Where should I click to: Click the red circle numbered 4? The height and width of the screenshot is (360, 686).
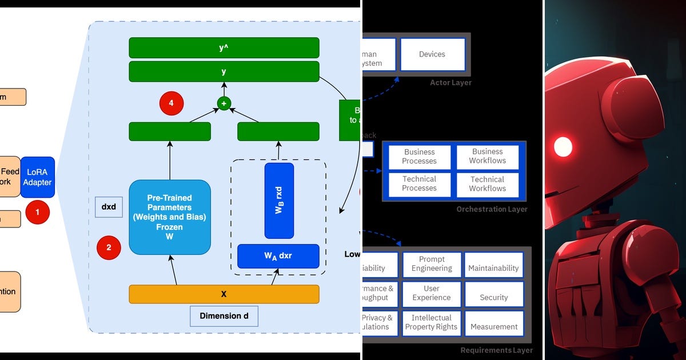point(171,103)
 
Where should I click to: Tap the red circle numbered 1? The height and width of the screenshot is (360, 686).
point(38,212)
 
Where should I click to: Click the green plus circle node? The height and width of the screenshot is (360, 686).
point(224,103)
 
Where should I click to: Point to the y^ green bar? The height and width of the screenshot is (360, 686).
point(224,48)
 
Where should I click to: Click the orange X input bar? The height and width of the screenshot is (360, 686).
point(224,294)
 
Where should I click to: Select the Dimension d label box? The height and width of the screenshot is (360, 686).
point(224,316)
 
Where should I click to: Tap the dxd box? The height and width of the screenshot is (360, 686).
point(109,207)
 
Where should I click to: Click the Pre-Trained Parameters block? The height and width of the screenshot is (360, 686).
point(170,217)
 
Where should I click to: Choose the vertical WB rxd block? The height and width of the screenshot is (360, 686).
point(279,201)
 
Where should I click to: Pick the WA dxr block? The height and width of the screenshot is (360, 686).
point(278,256)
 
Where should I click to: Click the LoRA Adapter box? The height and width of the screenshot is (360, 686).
point(38,177)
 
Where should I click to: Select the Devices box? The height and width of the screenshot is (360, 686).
point(432,54)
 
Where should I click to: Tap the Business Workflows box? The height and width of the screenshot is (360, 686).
point(487,157)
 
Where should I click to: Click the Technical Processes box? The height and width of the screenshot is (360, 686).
point(419,184)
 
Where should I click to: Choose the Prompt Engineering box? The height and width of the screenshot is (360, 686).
point(432,264)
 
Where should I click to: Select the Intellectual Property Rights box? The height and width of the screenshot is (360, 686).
point(432,322)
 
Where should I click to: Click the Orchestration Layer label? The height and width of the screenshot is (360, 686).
point(492,209)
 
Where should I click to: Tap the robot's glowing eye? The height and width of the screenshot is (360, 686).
point(563,146)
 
